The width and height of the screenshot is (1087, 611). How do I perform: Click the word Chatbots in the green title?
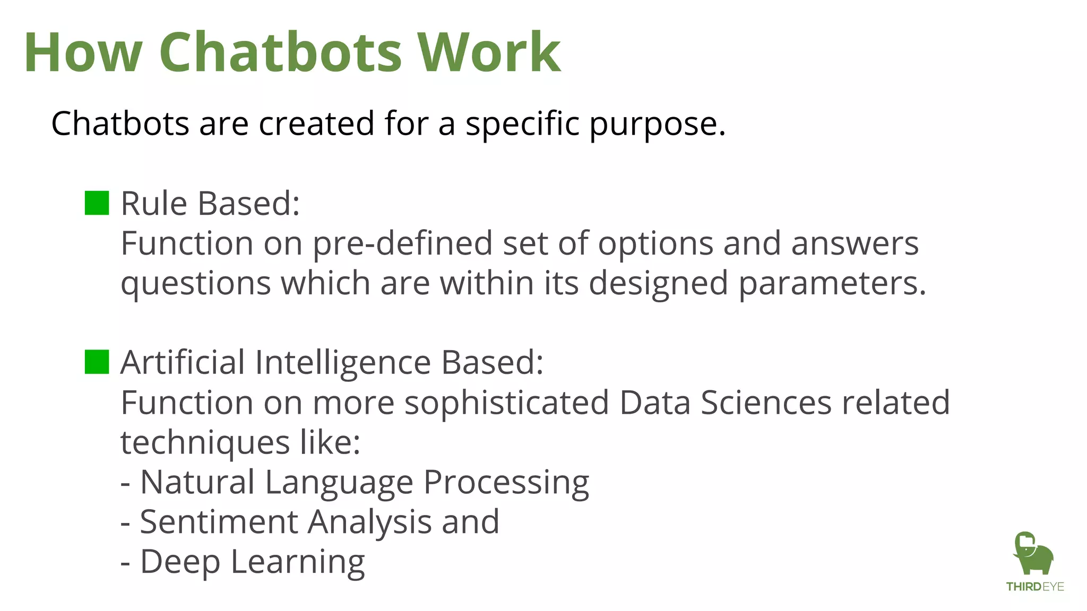(x=280, y=53)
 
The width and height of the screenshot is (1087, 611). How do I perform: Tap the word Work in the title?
(x=489, y=53)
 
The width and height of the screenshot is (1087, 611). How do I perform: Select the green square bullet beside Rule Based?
(x=97, y=203)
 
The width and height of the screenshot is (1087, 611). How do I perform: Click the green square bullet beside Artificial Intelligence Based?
(x=97, y=362)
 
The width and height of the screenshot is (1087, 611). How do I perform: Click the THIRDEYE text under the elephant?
(x=1035, y=587)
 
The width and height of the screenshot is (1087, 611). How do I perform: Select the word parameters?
(x=832, y=284)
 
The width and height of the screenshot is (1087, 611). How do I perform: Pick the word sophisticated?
(x=506, y=403)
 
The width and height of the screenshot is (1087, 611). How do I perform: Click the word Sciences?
(x=766, y=403)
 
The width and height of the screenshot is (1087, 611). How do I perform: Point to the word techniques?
(x=205, y=443)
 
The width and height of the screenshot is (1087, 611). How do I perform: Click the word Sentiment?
(x=219, y=522)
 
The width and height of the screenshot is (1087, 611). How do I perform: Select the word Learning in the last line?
(x=298, y=563)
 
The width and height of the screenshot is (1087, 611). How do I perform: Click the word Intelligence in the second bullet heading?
(x=343, y=363)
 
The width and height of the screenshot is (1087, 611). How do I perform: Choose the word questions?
(x=196, y=284)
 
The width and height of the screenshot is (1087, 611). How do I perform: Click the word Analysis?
(x=370, y=523)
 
